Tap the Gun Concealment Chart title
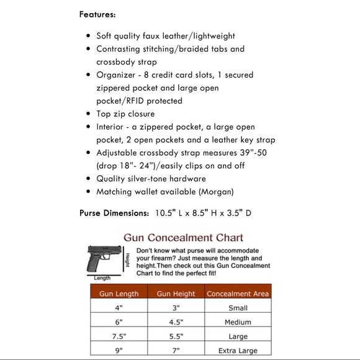(x=182, y=237)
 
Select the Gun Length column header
(x=119, y=294)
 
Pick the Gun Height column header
(x=176, y=294)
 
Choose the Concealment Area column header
(x=238, y=294)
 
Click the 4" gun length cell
(x=119, y=308)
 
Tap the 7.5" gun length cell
(x=119, y=336)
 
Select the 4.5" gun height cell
(x=176, y=322)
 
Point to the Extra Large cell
(x=238, y=351)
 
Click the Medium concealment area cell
(x=238, y=322)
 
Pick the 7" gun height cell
(x=176, y=351)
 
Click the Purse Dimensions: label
(x=114, y=214)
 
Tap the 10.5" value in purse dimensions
(x=164, y=214)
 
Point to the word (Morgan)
(x=214, y=192)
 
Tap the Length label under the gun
(x=102, y=278)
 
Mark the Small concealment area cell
(x=238, y=308)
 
